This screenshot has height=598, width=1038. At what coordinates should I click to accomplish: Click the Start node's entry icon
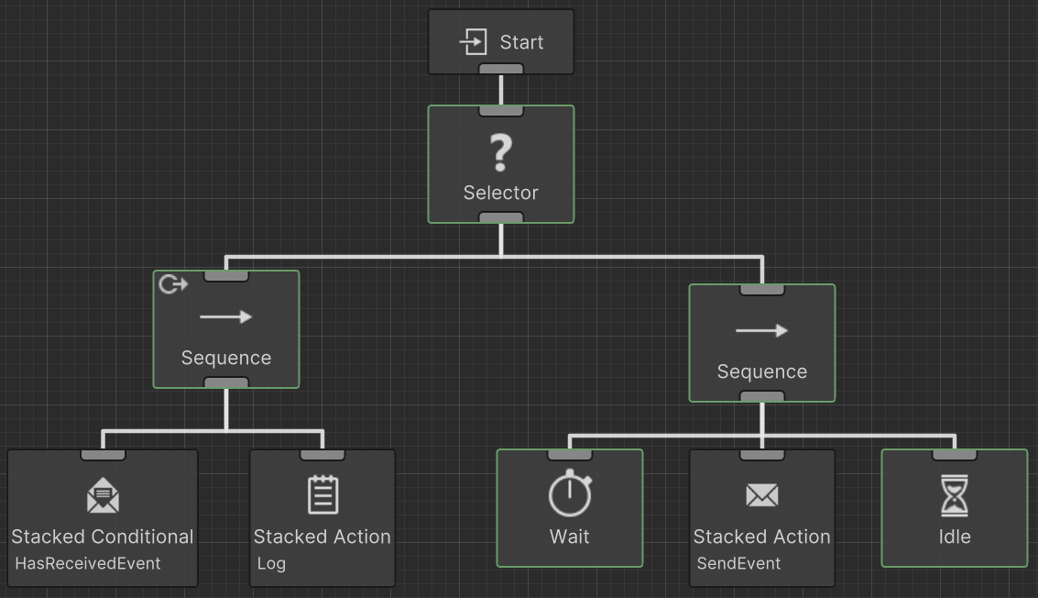pos(473,42)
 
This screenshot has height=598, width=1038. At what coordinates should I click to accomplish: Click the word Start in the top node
pos(521,42)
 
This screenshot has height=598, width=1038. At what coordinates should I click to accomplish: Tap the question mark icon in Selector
pos(500,152)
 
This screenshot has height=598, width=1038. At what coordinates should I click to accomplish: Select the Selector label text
pos(500,193)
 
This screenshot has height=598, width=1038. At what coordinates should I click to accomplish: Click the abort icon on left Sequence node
pos(173,284)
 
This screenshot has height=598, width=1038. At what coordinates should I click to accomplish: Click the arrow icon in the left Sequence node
pos(225,317)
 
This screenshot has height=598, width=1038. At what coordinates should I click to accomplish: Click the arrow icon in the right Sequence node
pos(761,331)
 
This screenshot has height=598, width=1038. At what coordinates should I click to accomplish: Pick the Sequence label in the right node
pos(761,371)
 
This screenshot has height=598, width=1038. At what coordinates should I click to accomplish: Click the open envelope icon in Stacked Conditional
pos(103,496)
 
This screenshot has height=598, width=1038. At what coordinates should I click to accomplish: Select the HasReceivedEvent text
pos(88,563)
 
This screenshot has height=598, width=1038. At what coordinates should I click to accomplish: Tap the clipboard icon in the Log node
pos(322,494)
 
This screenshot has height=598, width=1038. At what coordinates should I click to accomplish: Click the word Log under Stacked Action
pos(271,563)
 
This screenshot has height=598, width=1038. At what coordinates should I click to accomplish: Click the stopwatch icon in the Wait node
pos(569,493)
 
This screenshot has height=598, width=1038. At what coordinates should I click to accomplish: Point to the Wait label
pos(569,537)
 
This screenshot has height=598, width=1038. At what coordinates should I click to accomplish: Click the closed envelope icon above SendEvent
pos(761,496)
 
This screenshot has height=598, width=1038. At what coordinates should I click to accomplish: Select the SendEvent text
pos(738,563)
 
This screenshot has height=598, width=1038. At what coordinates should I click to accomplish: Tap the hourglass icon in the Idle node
pos(954,495)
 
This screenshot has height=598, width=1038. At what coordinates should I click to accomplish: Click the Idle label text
pos(954,537)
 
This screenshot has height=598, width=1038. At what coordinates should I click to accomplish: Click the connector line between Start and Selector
pos(501,90)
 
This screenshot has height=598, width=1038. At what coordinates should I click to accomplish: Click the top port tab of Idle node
pos(954,455)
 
